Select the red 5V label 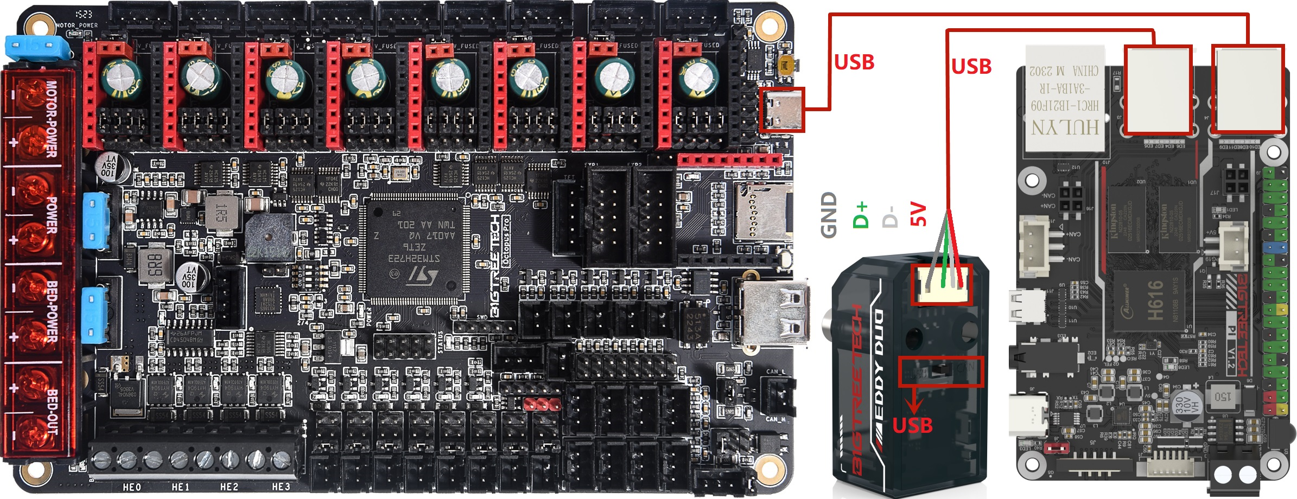pos(917,214)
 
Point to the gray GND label pos(829,215)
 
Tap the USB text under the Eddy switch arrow pos(912,425)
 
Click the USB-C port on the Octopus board pos(782,110)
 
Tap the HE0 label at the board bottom pos(132,487)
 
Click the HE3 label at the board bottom pos(281,487)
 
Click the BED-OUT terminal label pos(51,412)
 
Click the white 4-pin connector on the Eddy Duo pos(940,285)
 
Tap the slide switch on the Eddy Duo pos(940,371)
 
